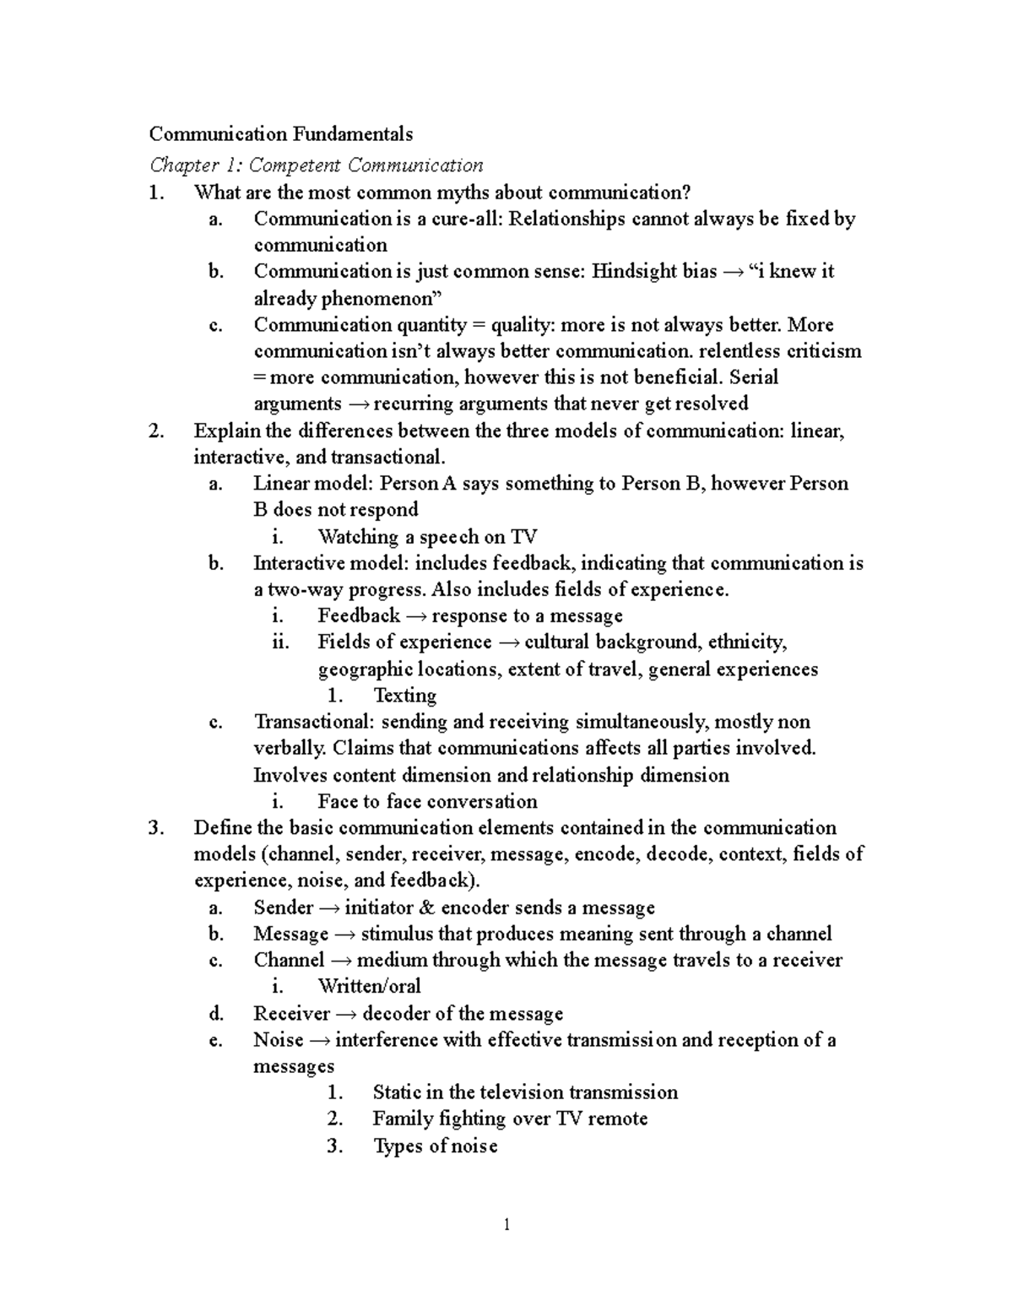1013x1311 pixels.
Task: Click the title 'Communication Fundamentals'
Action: [281, 133]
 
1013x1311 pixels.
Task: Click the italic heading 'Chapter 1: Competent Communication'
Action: [317, 165]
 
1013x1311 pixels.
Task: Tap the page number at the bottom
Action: [506, 1225]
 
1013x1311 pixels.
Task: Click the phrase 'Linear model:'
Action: [313, 484]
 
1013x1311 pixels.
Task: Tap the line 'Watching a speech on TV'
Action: [427, 537]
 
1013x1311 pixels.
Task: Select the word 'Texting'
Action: [404, 696]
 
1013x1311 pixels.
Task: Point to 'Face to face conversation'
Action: [427, 801]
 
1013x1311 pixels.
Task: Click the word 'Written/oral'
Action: [369, 986]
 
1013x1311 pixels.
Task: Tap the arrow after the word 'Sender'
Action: [329, 908]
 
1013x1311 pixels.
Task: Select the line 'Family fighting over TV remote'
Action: [510, 1119]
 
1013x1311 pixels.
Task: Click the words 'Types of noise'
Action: [435, 1146]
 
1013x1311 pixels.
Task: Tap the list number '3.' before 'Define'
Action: [154, 828]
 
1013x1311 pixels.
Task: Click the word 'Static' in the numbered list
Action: [397, 1092]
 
